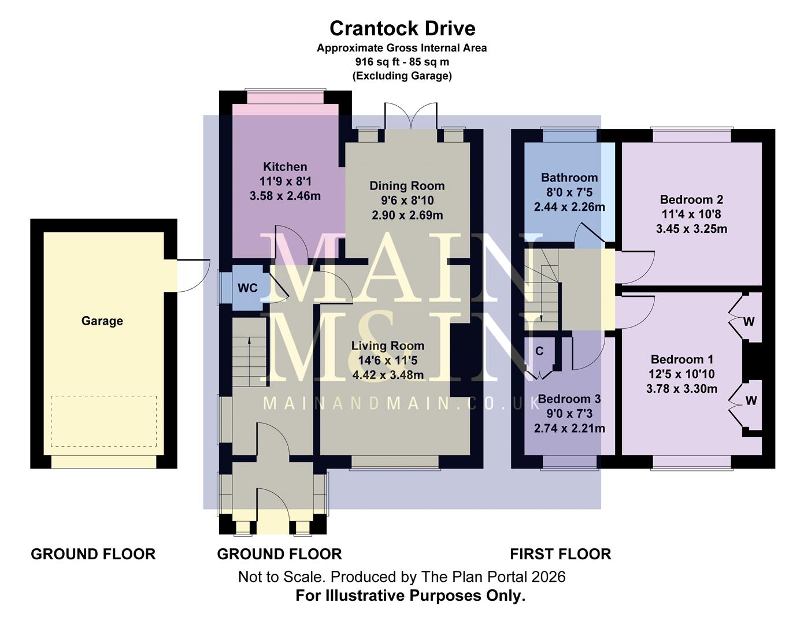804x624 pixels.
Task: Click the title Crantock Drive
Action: tap(402, 28)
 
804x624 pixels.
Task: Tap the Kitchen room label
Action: tap(285, 167)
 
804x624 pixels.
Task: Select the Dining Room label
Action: tap(407, 186)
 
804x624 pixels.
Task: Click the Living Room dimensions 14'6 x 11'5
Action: tap(387, 361)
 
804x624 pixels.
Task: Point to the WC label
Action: tap(247, 288)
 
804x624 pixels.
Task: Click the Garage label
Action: tap(102, 321)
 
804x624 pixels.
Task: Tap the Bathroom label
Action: tap(569, 178)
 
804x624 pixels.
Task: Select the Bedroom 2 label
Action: tap(691, 200)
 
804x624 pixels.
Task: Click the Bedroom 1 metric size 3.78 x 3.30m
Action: tap(681, 389)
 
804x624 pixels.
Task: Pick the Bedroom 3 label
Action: tap(569, 399)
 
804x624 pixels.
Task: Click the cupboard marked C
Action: tap(539, 351)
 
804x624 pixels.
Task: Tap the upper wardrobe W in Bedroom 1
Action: tap(749, 322)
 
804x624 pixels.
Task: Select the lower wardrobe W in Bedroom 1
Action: tap(750, 400)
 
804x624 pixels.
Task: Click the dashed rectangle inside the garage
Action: tap(103, 421)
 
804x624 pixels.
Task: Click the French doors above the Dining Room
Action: tap(411, 117)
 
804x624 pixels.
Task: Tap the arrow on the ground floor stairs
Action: tap(249, 343)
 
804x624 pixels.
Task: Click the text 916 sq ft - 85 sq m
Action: tap(402, 62)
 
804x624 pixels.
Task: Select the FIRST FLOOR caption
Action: tap(560, 554)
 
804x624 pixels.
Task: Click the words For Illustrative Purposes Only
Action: tap(410, 596)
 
